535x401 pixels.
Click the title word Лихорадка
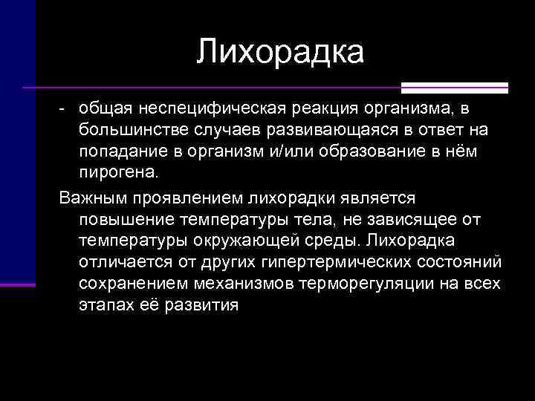[281, 53]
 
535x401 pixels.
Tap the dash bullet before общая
[65, 110]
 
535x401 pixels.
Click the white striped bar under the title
[455, 88]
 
